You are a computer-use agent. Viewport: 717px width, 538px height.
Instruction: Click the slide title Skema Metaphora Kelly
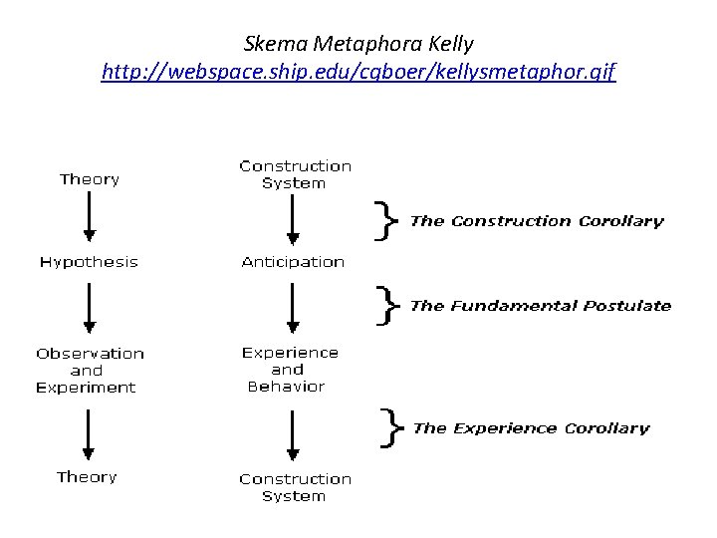click(x=358, y=44)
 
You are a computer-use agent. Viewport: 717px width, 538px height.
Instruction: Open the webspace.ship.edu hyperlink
click(x=358, y=73)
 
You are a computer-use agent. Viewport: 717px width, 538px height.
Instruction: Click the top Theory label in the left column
click(x=90, y=179)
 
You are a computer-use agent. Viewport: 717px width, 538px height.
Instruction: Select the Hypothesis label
click(x=89, y=262)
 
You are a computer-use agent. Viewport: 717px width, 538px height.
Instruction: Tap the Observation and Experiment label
click(x=90, y=370)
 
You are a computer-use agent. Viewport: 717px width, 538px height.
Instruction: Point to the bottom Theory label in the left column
click(x=87, y=477)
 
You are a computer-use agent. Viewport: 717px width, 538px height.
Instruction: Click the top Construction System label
click(x=295, y=174)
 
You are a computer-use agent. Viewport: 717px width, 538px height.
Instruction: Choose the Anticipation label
click(x=293, y=262)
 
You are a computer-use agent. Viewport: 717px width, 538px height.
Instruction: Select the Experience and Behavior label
click(x=291, y=369)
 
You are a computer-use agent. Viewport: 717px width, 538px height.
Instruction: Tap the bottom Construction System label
click(x=295, y=487)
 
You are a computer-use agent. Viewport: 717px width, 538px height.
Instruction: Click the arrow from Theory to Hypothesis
click(x=90, y=217)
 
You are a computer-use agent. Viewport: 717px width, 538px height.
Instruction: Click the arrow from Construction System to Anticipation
click(x=293, y=219)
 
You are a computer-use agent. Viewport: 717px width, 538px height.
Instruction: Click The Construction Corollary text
click(x=537, y=221)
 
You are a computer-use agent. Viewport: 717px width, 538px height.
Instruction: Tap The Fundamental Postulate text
click(x=541, y=306)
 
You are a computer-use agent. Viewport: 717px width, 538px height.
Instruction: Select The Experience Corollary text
click(x=531, y=428)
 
